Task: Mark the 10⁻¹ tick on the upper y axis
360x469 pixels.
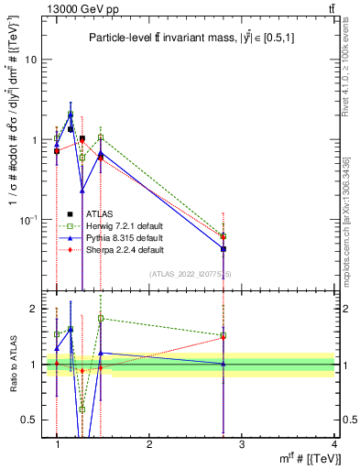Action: [30, 220]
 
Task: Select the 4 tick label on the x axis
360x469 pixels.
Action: [333, 444]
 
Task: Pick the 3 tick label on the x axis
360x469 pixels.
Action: [241, 444]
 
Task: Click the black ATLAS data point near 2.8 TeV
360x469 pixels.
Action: [224, 248]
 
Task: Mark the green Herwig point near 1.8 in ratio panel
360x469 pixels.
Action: [101, 318]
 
